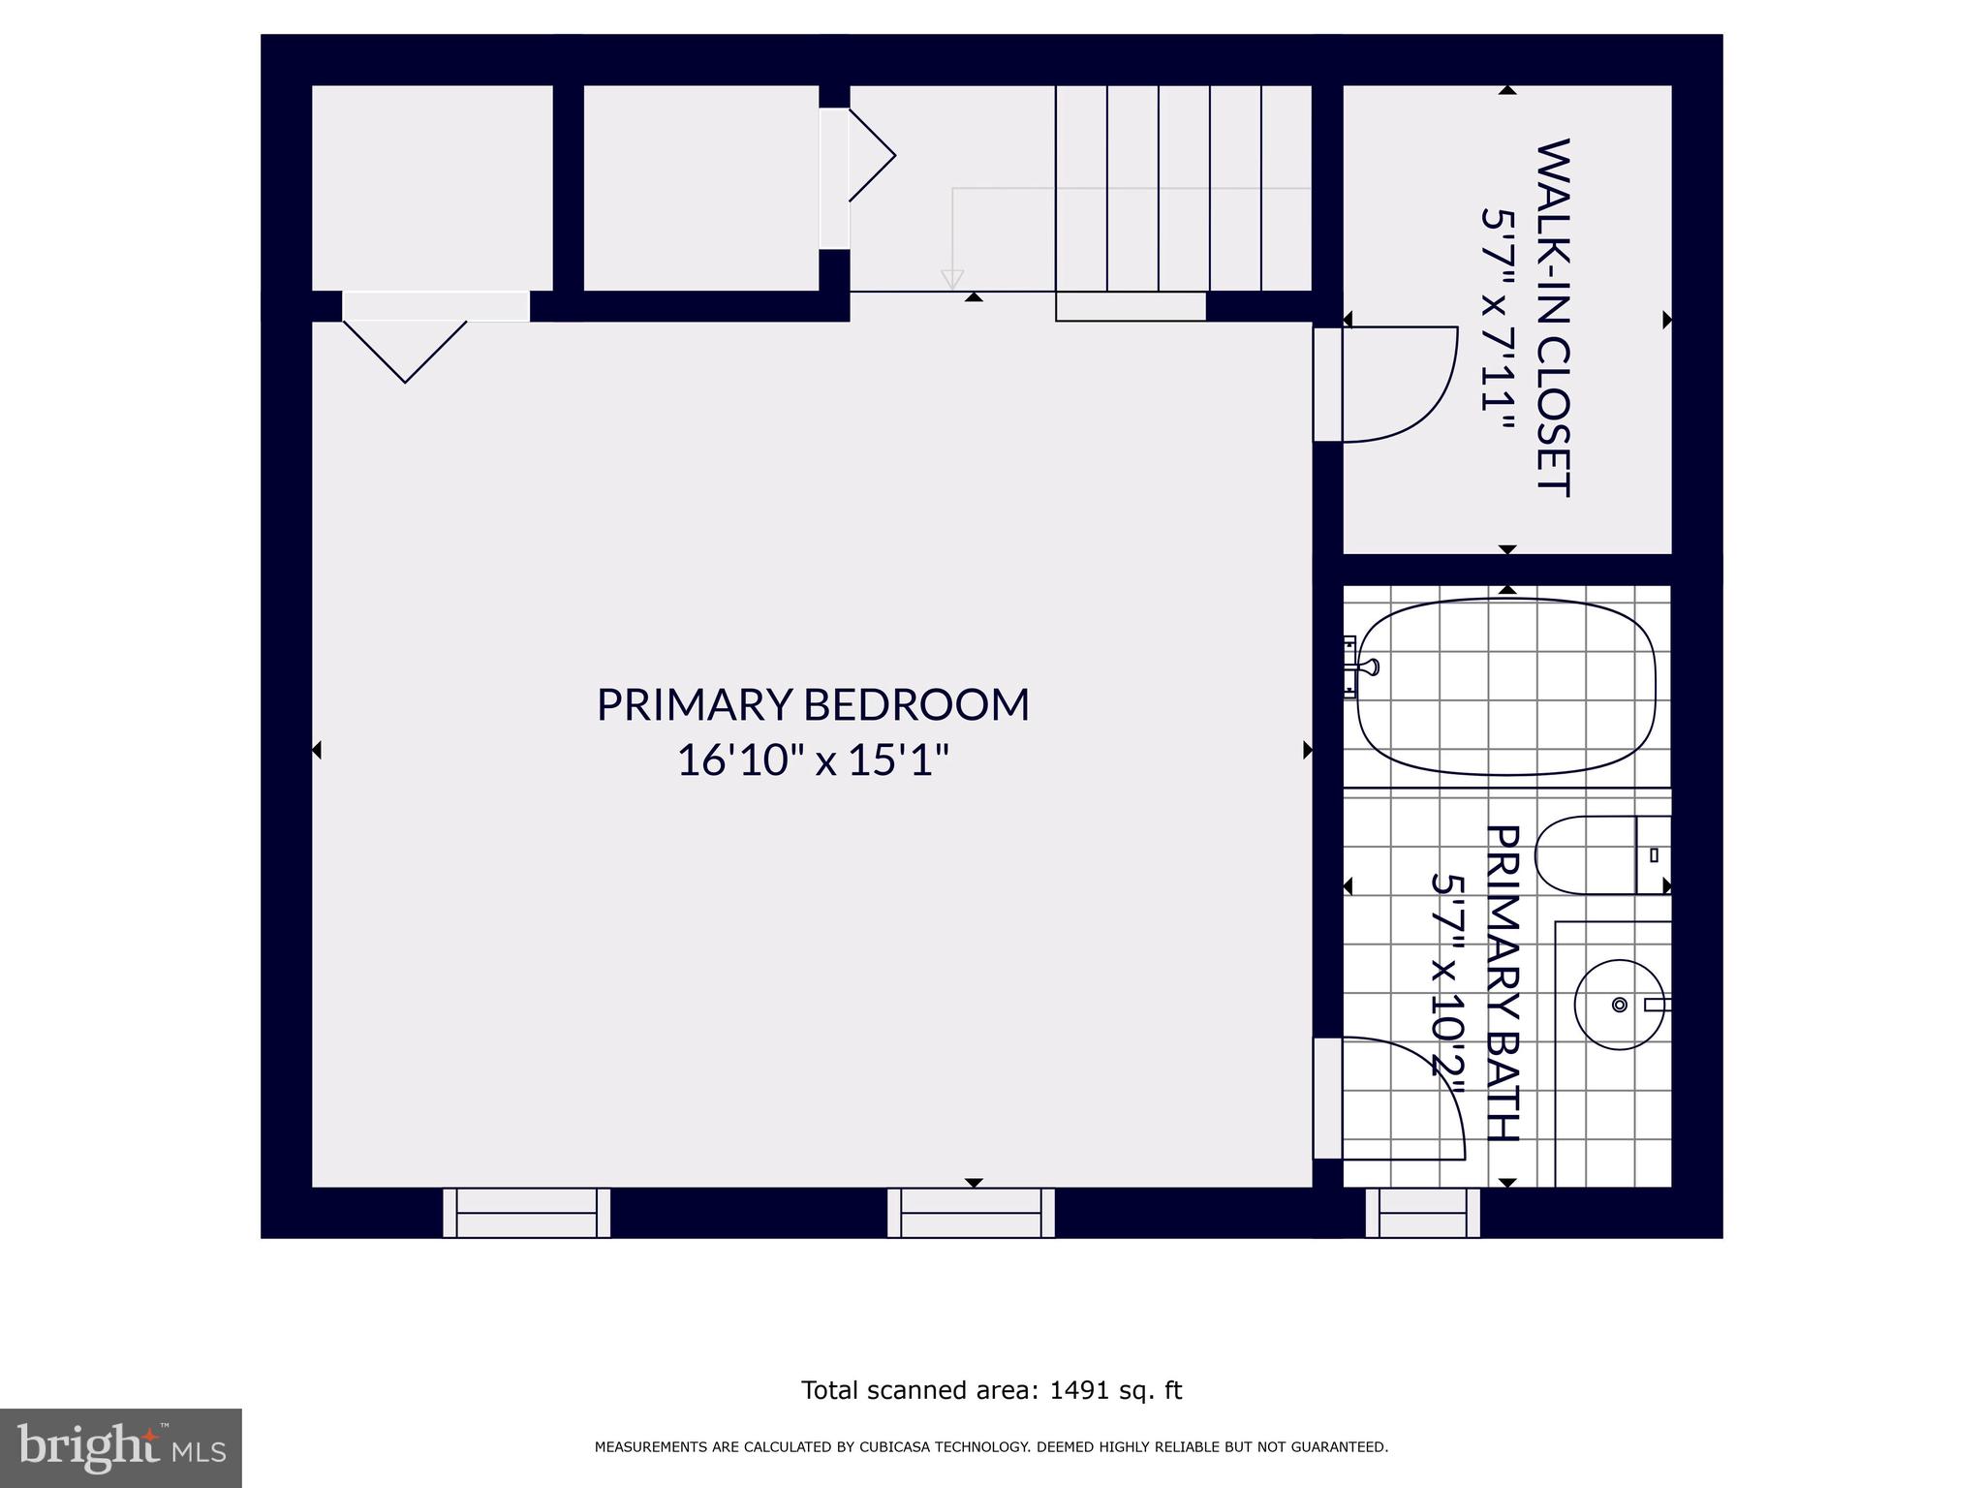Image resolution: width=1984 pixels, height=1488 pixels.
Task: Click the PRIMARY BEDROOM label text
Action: click(x=812, y=704)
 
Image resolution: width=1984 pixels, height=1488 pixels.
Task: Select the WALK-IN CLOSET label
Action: click(x=1553, y=318)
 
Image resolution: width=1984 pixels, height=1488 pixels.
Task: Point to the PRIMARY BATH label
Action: click(x=1502, y=982)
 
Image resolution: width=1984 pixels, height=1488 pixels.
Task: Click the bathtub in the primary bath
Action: click(x=1506, y=686)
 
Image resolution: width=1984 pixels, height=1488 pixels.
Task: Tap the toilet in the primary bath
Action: click(x=1598, y=855)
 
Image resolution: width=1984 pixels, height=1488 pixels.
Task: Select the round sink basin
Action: click(x=1619, y=1005)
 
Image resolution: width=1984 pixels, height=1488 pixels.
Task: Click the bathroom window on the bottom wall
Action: click(x=1422, y=1213)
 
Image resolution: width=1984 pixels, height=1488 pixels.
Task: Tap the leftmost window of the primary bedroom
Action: click(x=526, y=1213)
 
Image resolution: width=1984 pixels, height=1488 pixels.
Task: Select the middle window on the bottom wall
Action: click(x=971, y=1213)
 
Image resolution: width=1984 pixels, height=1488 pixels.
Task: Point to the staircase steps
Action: click(x=1184, y=188)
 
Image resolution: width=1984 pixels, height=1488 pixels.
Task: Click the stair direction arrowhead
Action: click(x=952, y=279)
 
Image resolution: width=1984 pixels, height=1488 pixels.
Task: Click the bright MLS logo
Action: click(x=120, y=1447)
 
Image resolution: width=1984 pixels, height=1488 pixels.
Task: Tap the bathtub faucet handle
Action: click(x=1369, y=666)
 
